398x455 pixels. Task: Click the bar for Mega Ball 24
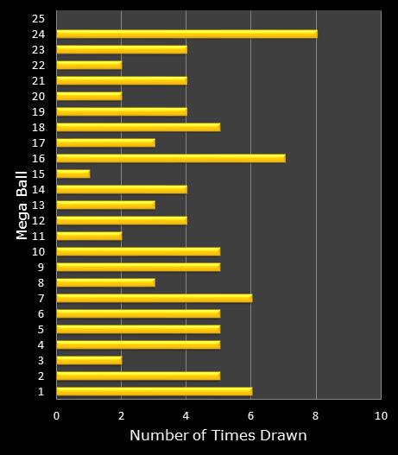[186, 34]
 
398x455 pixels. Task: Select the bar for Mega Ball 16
[170, 158]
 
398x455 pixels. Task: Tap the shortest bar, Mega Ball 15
[73, 174]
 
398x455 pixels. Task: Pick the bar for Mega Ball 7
[154, 298]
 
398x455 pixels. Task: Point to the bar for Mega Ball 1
[154, 391]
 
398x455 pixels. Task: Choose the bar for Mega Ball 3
[89, 360]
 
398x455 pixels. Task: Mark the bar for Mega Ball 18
[138, 127]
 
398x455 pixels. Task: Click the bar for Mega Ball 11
[89, 236]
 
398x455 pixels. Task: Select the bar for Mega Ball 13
[105, 205]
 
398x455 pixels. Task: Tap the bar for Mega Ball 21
[122, 80]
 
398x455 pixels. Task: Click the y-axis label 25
[38, 18]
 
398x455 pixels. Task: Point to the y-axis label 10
[38, 251]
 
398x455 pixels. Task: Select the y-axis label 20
[38, 96]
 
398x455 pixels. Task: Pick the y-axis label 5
[41, 329]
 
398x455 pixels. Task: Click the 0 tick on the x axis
[56, 415]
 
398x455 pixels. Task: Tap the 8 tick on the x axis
[316, 415]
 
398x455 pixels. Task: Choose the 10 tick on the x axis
[381, 415]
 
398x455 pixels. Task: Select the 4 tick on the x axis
[186, 415]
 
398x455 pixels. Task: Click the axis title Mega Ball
[22, 205]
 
